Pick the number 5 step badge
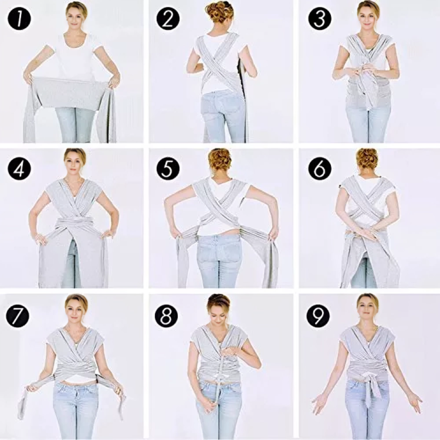[x=168, y=169]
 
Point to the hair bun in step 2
[x=220, y=11]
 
